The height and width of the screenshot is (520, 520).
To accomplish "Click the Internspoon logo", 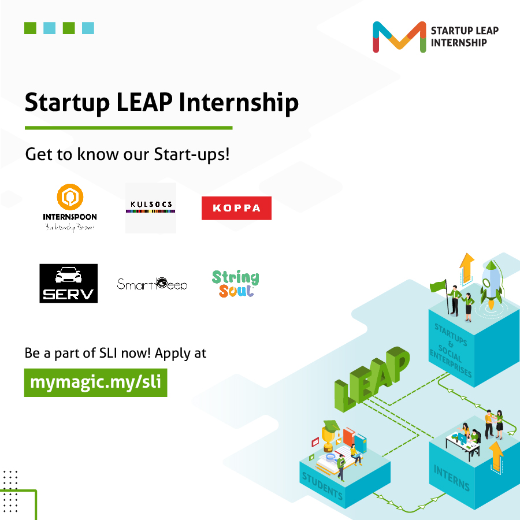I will [70, 207].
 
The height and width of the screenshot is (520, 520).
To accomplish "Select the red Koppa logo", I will [236, 209].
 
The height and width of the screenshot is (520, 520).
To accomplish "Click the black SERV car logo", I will [68, 283].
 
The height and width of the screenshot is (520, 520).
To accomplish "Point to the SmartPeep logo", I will [152, 284].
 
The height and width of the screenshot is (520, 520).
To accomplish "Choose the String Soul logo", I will [235, 284].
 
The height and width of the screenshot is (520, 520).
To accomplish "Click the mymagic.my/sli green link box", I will [95, 382].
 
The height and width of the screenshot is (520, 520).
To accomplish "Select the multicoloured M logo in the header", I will [399, 37].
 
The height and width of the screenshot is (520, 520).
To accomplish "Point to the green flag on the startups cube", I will [439, 285].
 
